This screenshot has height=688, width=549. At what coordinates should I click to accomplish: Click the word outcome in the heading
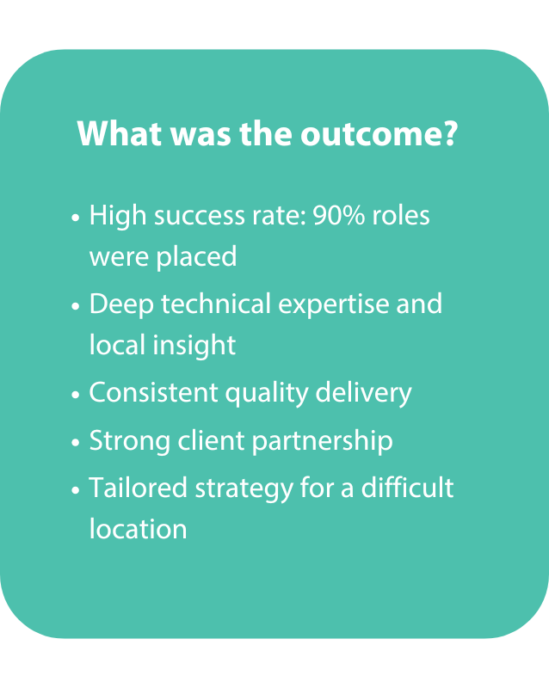tap(379, 133)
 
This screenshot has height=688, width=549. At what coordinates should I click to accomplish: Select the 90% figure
tap(339, 216)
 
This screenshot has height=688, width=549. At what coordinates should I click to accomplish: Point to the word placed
tap(196, 258)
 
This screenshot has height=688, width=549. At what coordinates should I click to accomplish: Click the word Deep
tap(121, 305)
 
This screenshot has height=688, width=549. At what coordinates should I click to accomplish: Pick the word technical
tap(216, 304)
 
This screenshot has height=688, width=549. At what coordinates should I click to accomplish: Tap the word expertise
tap(334, 305)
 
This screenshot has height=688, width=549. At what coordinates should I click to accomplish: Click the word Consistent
tap(154, 392)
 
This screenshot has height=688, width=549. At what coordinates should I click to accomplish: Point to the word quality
tap(267, 394)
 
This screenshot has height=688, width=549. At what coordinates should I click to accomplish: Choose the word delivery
tap(364, 394)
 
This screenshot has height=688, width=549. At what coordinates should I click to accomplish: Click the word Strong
tap(130, 442)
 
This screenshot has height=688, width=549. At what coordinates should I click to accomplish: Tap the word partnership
tap(323, 442)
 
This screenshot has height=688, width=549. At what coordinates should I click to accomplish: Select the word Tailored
tap(139, 488)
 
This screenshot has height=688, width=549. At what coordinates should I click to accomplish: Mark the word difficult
tap(407, 487)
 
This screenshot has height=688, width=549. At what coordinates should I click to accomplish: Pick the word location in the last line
tap(139, 529)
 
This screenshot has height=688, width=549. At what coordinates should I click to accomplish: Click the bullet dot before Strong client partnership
tap(76, 443)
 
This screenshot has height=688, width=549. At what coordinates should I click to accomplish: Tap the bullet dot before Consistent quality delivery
tap(76, 395)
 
